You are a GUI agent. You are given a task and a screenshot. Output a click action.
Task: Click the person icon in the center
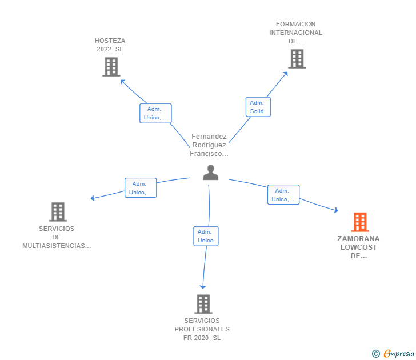(x=211, y=173)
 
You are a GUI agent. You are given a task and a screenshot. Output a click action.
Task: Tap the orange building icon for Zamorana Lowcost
(x=360, y=222)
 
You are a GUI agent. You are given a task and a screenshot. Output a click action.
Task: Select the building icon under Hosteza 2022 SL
(x=111, y=67)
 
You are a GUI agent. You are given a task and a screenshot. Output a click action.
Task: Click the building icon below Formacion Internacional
(x=297, y=59)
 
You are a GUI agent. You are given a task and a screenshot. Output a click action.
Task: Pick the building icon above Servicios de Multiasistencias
(x=58, y=211)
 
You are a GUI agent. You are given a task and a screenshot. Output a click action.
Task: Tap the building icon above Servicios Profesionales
(x=203, y=304)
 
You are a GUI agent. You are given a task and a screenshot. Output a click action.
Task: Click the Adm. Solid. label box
(x=258, y=107)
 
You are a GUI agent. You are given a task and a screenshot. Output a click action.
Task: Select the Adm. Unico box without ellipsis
(x=206, y=236)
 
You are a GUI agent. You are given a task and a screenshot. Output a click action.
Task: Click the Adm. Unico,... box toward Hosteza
(x=156, y=113)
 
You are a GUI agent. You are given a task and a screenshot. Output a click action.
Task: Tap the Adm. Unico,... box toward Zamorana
(x=283, y=195)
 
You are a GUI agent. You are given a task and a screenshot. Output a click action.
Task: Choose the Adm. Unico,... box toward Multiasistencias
(x=141, y=188)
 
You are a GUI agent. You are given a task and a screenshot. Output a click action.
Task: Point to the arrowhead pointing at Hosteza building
(x=122, y=82)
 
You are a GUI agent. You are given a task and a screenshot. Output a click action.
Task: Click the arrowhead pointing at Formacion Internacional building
(x=286, y=74)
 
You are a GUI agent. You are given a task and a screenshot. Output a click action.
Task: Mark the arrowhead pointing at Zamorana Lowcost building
(x=336, y=210)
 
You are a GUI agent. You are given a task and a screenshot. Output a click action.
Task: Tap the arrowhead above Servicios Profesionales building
(x=203, y=287)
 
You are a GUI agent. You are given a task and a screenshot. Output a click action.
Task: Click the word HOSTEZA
(x=110, y=41)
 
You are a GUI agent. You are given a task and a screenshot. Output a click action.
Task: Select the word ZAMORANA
(x=358, y=239)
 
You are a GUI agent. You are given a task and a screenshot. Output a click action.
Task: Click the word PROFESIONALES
(x=202, y=329)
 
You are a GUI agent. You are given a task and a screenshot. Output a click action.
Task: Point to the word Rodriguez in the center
(x=209, y=145)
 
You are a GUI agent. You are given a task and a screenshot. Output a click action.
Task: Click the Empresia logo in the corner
(x=393, y=354)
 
